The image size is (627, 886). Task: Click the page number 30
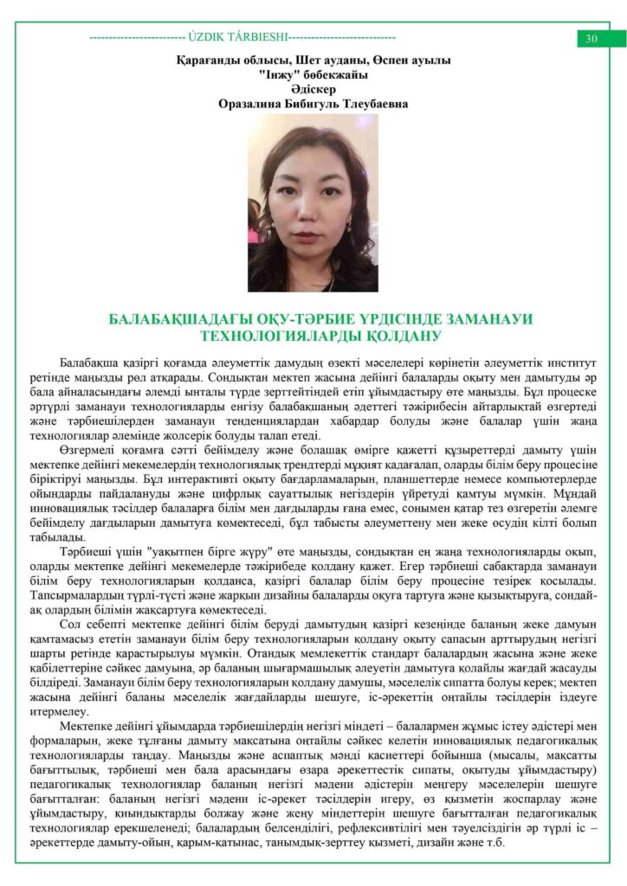click(592, 38)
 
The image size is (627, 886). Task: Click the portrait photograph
click(313, 202)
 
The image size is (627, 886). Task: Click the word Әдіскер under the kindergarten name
click(313, 89)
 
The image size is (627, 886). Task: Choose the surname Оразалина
click(254, 104)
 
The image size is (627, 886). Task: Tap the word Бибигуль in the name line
click(313, 104)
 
